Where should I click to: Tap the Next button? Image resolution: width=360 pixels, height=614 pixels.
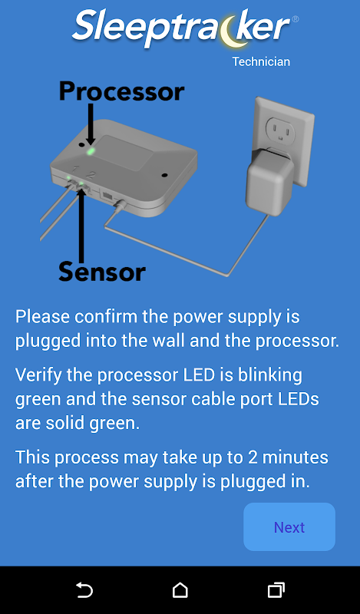pyautogui.click(x=289, y=527)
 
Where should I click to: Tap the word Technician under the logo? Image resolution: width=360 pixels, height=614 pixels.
pyautogui.click(x=261, y=62)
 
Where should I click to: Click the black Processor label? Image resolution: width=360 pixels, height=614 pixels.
pyautogui.click(x=121, y=91)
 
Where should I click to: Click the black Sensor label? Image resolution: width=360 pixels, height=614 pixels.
pyautogui.click(x=102, y=272)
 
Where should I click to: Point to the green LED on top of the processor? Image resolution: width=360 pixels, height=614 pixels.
pyautogui.click(x=91, y=150)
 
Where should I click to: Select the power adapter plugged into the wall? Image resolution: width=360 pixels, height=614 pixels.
pyautogui.click(x=270, y=181)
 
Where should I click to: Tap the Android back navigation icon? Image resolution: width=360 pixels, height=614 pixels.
pyautogui.click(x=84, y=589)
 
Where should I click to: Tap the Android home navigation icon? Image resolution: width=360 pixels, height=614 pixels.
pyautogui.click(x=180, y=590)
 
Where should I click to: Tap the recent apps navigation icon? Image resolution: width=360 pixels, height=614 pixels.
pyautogui.click(x=276, y=590)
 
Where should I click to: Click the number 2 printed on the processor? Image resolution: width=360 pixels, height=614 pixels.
pyautogui.click(x=90, y=175)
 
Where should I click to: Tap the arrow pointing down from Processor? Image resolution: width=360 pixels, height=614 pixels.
pyautogui.click(x=91, y=124)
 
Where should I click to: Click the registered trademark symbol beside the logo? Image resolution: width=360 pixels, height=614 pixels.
pyautogui.click(x=296, y=18)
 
